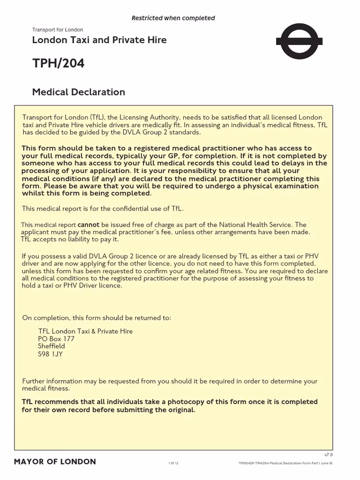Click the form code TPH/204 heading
pos(58,64)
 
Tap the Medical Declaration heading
pos(78,92)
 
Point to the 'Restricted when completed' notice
pos(173,18)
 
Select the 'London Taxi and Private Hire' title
pos(99,40)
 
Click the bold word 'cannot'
pos(88,225)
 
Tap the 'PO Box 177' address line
pos(56,338)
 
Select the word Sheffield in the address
pos(52,346)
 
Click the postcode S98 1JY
pos(50,354)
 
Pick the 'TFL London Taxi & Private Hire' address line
pos(85,331)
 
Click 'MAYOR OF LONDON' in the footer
pos(55,462)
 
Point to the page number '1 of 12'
pos(173,463)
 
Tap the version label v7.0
pos(328,455)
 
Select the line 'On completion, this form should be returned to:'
pos(97,318)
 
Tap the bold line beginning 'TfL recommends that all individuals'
pos(169,402)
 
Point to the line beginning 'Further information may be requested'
pos(169,381)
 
